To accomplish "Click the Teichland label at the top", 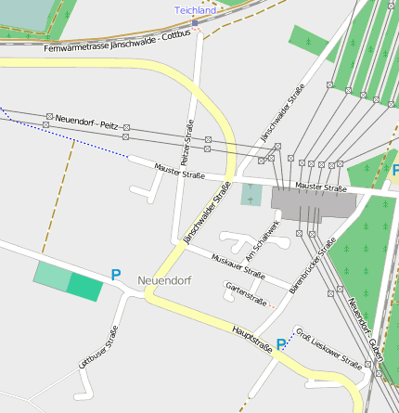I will pyautogui.click(x=195, y=10).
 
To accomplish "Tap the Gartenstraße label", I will pyautogui.click(x=247, y=295).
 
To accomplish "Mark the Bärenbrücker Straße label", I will pyautogui.click(x=312, y=265).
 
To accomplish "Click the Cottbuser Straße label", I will pyautogui.click(x=97, y=349).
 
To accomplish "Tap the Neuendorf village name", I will pyautogui.click(x=163, y=279).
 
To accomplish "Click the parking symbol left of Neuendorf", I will pyautogui.click(x=116, y=275).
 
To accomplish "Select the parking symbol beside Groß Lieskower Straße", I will pyautogui.click(x=281, y=343).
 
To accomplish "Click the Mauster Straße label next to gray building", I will pyautogui.click(x=320, y=187).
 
